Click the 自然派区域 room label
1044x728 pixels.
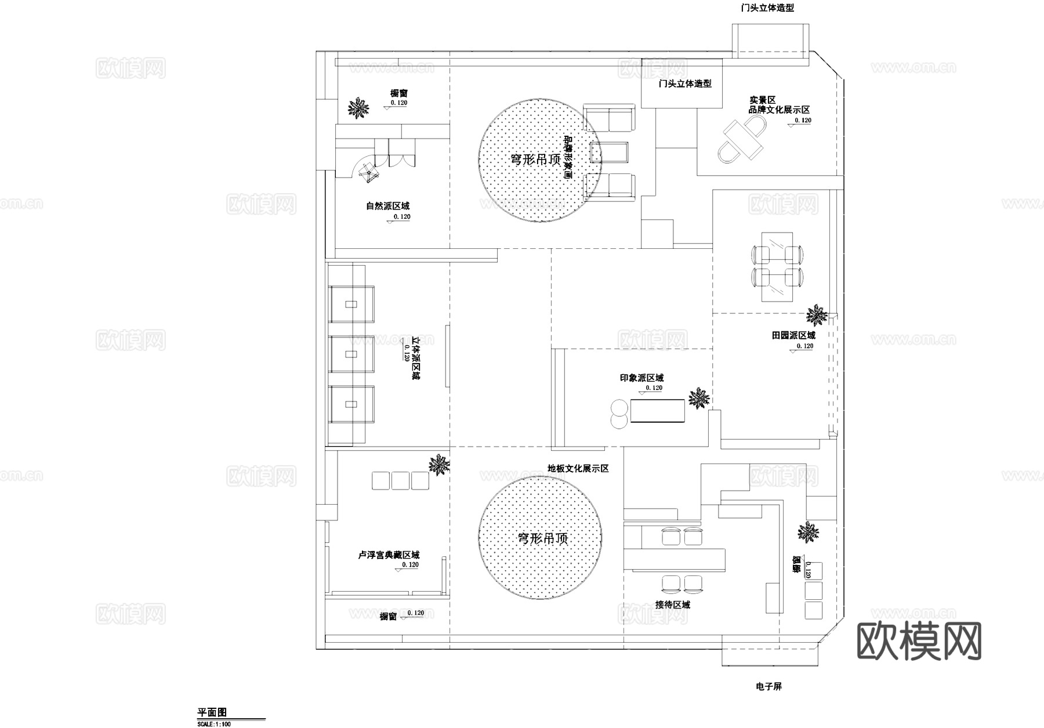(x=387, y=206)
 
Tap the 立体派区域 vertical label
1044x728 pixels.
(x=416, y=358)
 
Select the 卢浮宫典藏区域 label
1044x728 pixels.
(x=388, y=555)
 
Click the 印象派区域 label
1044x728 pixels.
(x=641, y=378)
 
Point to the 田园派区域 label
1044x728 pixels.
(x=793, y=335)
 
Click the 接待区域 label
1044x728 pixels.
(x=673, y=604)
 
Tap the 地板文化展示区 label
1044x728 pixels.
(x=578, y=468)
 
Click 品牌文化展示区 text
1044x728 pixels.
(x=779, y=110)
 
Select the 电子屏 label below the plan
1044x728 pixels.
(x=769, y=687)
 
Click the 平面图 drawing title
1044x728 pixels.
(x=212, y=712)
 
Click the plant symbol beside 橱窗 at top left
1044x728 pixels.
(x=358, y=108)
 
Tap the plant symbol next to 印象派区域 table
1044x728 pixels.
(x=699, y=399)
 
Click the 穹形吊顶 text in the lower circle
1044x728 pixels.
(x=542, y=538)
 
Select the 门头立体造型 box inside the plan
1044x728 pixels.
(x=682, y=90)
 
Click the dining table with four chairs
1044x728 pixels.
(x=777, y=267)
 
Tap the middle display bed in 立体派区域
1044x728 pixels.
(x=351, y=354)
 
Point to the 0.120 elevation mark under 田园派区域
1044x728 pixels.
(x=804, y=346)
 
